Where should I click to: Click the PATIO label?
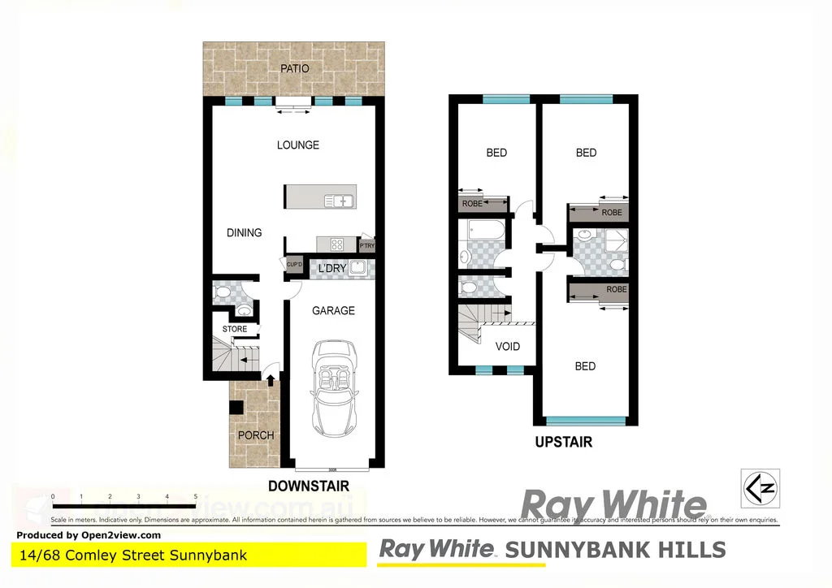point(295,69)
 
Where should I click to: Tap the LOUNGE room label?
point(298,145)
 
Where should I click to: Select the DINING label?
point(245,233)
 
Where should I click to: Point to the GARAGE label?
point(333,310)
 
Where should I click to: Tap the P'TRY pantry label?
point(366,244)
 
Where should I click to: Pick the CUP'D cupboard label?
point(293,265)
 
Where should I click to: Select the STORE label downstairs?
point(235,329)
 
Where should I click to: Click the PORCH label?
point(256,435)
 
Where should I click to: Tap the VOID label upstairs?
point(508,347)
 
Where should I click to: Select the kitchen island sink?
point(339,200)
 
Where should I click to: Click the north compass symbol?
point(760,488)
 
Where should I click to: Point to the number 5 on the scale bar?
point(196,495)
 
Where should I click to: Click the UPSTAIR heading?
point(563,443)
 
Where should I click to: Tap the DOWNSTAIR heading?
point(309,486)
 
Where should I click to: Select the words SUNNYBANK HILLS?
point(615,550)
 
